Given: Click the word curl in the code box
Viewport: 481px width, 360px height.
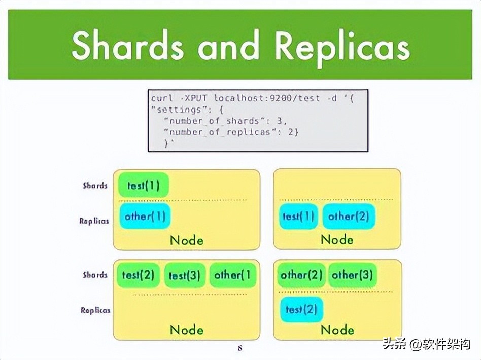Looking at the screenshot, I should pos(162,98).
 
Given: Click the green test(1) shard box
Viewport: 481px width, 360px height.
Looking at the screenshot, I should pos(143,186).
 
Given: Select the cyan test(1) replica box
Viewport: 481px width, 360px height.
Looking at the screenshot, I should pos(298,217).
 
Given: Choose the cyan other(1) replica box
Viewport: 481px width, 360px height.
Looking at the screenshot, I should pos(145,217).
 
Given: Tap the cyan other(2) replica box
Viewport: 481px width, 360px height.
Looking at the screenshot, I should pos(349,217).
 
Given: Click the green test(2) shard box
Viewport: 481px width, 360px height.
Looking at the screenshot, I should pos(138,275).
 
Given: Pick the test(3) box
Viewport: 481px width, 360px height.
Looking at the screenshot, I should pos(185,275).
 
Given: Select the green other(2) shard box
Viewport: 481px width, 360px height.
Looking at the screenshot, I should pos(301,275).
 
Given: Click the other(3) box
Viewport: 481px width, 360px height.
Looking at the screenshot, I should pos(352,275).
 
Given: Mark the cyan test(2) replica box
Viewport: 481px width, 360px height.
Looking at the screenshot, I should pos(301,309).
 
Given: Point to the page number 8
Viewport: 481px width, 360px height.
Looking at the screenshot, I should pos(240,348).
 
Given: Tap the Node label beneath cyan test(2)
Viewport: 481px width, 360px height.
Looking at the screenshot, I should pos(337,330).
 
